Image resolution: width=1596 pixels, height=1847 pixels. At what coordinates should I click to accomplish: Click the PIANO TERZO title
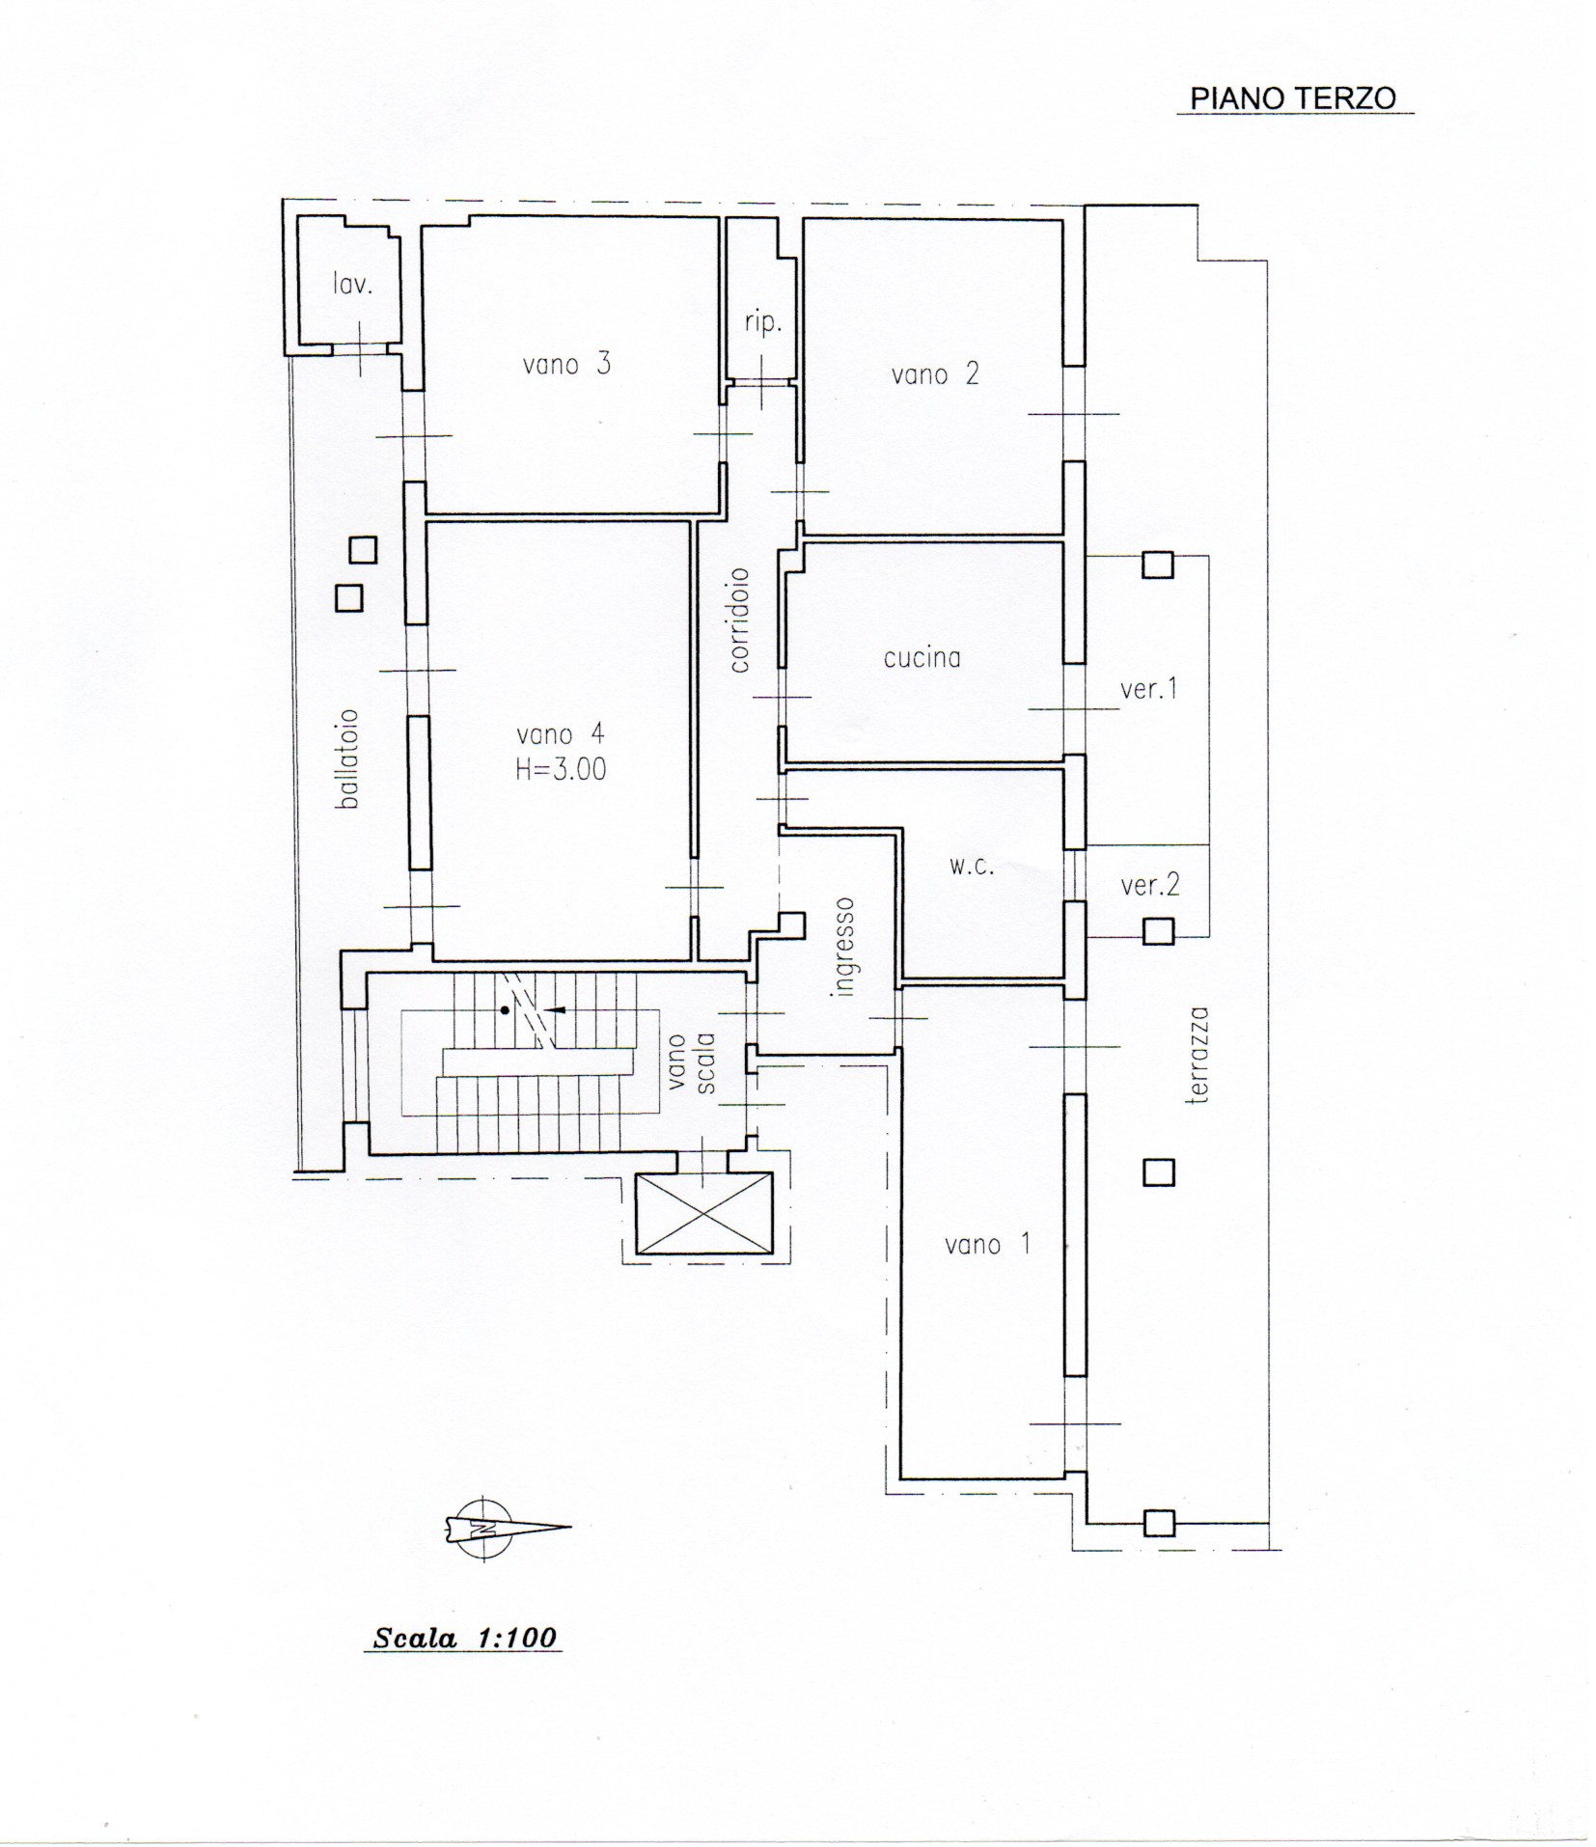[1293, 98]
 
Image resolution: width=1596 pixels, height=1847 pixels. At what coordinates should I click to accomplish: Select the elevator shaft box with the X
[703, 1212]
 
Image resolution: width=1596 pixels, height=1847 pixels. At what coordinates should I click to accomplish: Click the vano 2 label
[934, 373]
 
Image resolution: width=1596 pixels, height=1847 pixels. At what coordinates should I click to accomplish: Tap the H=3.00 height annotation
[561, 769]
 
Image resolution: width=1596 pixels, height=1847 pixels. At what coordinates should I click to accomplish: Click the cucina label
[922, 657]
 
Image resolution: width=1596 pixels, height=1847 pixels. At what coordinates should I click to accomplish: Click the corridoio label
[739, 620]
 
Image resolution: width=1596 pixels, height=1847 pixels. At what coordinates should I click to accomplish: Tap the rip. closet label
[761, 324]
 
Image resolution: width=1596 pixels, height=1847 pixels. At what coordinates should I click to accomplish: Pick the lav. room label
[352, 283]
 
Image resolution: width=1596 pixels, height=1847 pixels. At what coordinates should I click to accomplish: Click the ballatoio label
[348, 758]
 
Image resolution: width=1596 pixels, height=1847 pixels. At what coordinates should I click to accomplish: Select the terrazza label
[1198, 1055]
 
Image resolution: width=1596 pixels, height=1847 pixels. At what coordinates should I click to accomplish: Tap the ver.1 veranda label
[1148, 689]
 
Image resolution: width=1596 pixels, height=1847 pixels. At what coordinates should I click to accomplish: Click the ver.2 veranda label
[1149, 884]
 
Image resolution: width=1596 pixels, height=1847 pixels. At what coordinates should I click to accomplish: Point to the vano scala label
[691, 1063]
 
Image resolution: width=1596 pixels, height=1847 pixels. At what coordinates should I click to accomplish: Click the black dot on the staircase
[504, 1009]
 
